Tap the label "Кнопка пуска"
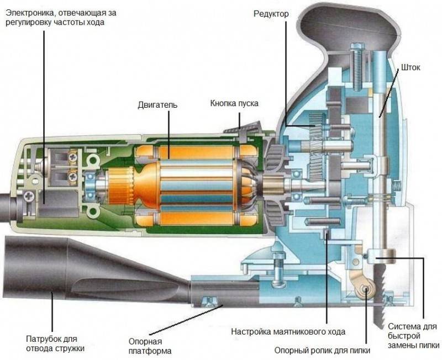click(x=234, y=103)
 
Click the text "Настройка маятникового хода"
click(x=288, y=332)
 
